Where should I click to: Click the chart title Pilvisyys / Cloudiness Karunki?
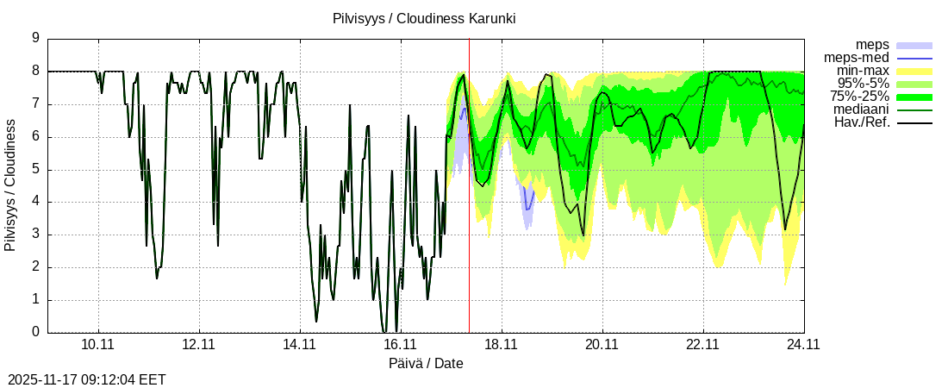click(424, 18)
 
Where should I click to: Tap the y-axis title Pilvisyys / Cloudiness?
click(10, 185)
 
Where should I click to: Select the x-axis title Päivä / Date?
click(426, 363)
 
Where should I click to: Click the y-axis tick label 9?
click(35, 38)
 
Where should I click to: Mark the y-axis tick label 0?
click(35, 332)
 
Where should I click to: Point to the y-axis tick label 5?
click(35, 169)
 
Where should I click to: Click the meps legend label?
click(872, 44)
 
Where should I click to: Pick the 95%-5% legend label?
click(863, 84)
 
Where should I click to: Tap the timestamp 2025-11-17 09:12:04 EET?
click(86, 379)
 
